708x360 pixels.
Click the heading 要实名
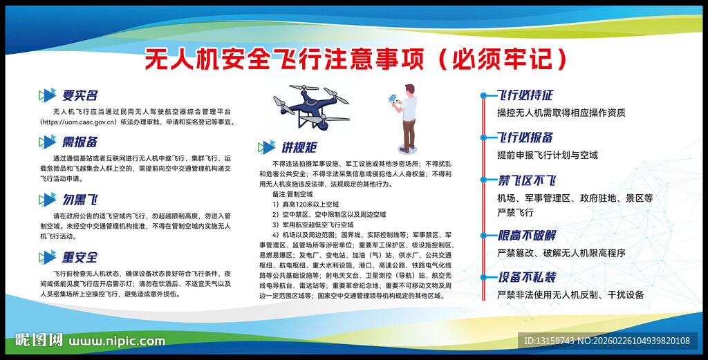pyautogui.click(x=80, y=95)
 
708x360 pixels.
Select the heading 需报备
pyautogui.click(x=80, y=142)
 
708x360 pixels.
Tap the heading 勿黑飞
pyautogui.click(x=80, y=200)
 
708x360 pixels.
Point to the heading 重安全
pyautogui.click(x=80, y=258)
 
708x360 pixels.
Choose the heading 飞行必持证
pyautogui.click(x=525, y=95)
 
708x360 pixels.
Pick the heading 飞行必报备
pyautogui.click(x=525, y=138)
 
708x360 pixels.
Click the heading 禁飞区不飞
pyautogui.click(x=527, y=181)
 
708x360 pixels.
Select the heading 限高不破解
pyautogui.click(x=527, y=235)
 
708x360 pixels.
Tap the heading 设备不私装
pyautogui.click(x=527, y=278)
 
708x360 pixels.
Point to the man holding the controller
pyautogui.click(x=405, y=117)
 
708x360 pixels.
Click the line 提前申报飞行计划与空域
pyautogui.click(x=548, y=155)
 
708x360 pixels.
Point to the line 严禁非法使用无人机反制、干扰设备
pyautogui.click(x=570, y=295)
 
